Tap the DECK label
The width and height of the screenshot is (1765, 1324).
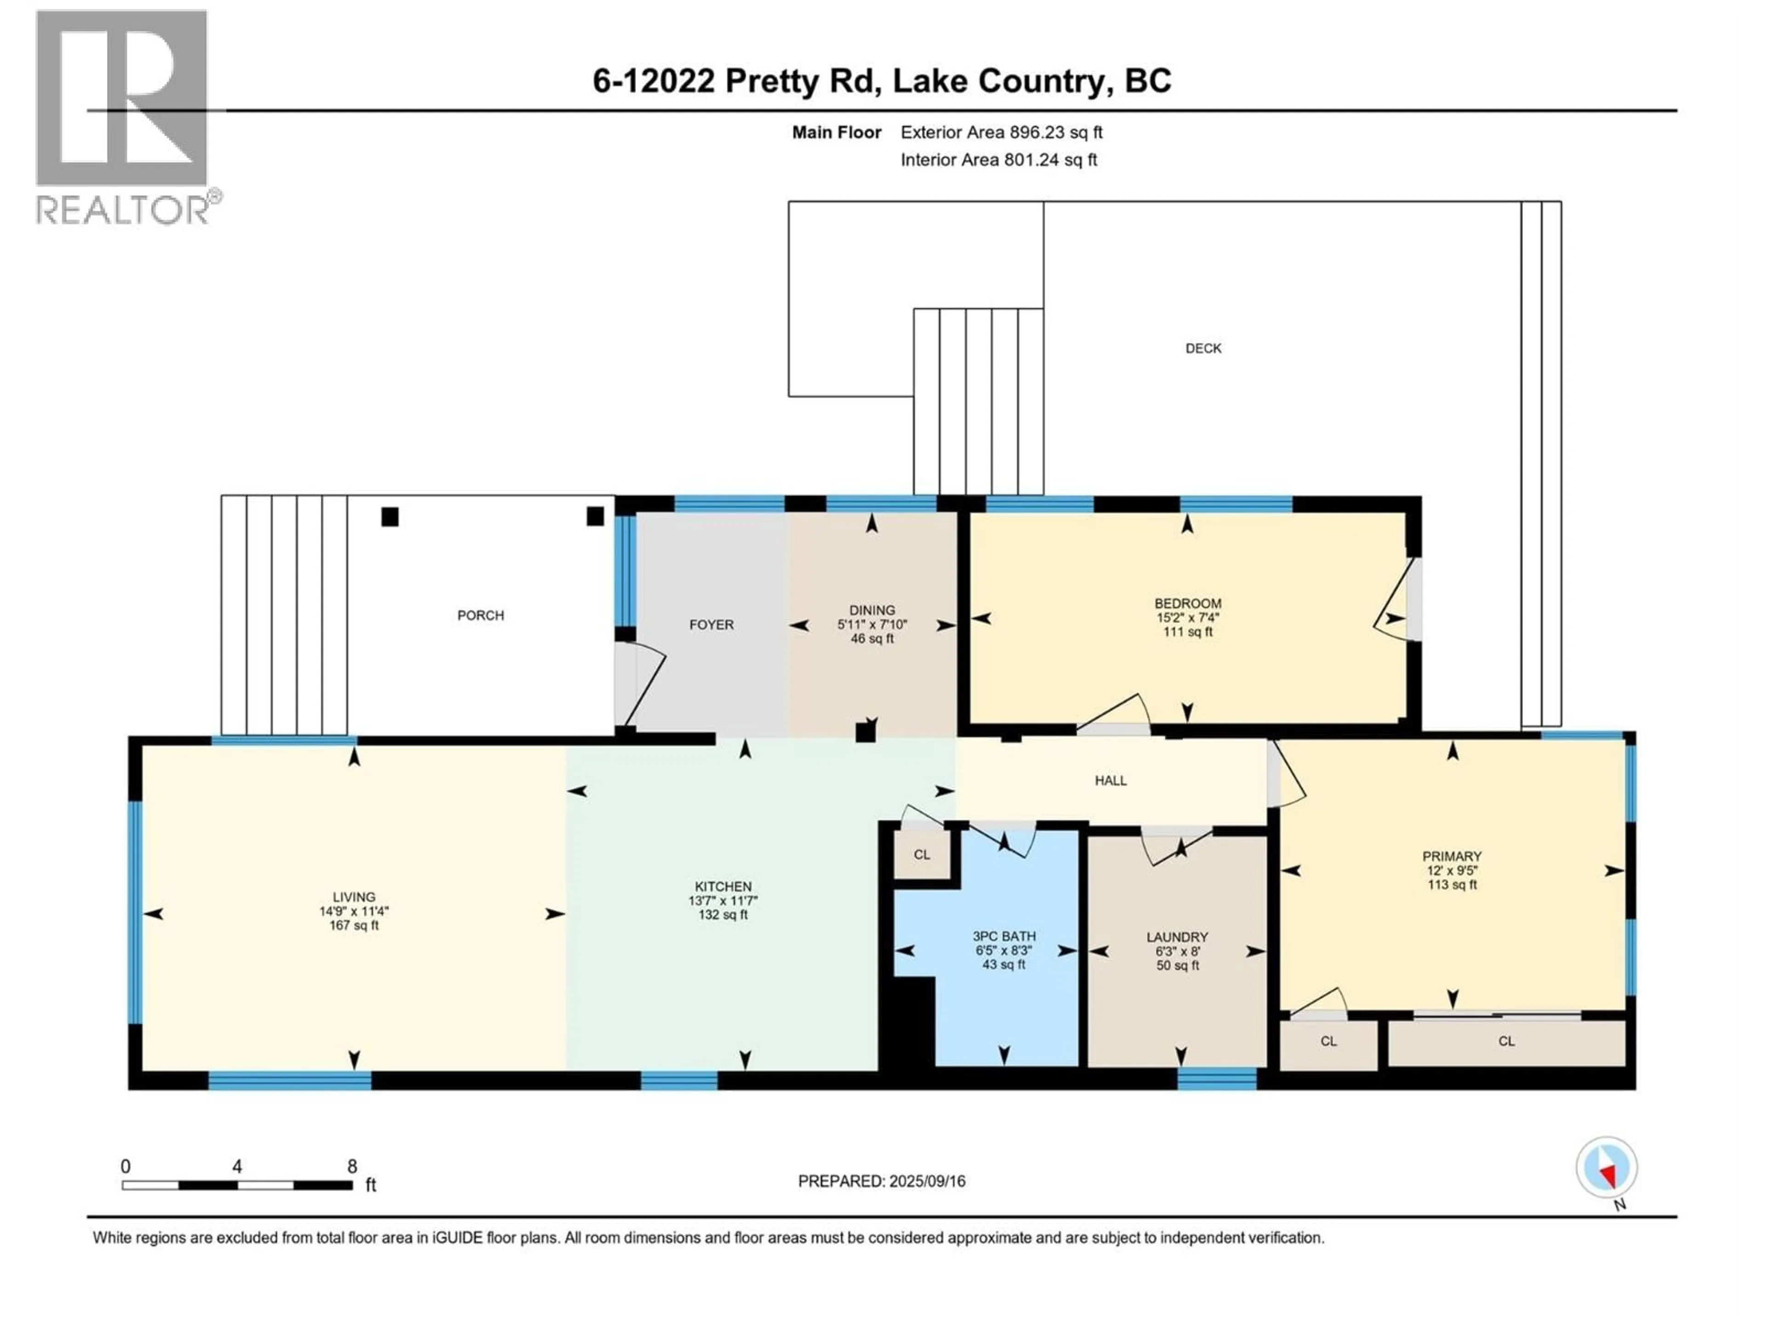(x=1202, y=348)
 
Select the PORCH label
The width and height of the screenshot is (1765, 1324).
(x=480, y=615)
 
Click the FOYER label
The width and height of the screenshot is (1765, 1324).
(x=711, y=625)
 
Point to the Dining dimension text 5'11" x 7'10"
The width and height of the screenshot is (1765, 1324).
(x=872, y=625)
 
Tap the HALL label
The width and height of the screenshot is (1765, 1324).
(x=1110, y=781)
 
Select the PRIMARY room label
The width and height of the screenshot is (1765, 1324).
(x=1452, y=856)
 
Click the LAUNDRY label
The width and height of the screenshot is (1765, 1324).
(x=1177, y=937)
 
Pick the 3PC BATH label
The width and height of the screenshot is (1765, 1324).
(x=1004, y=936)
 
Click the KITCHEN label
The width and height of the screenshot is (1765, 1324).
(x=723, y=887)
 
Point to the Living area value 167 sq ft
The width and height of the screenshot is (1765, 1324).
(x=353, y=926)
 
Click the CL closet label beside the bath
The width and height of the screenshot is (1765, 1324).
(x=922, y=855)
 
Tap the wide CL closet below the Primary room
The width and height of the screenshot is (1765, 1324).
(x=1506, y=1041)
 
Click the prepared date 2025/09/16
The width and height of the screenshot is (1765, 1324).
(x=926, y=1181)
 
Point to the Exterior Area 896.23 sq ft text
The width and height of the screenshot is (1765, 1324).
(x=1002, y=132)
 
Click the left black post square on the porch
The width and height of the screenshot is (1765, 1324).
(x=389, y=517)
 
